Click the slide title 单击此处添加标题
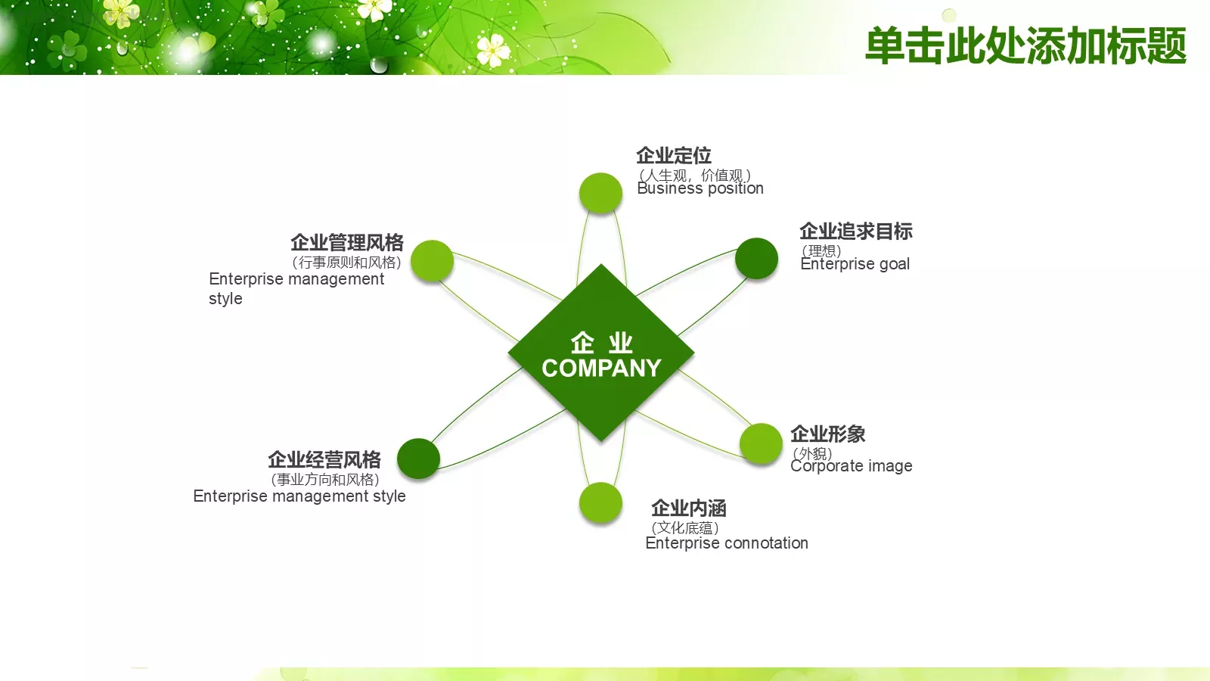tap(1025, 45)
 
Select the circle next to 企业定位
tap(600, 194)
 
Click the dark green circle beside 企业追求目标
tap(756, 259)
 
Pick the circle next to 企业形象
tap(761, 443)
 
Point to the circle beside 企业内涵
tap(600, 503)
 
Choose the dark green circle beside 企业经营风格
tap(418, 459)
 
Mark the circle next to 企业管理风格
tap(432, 261)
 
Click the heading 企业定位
tap(673, 156)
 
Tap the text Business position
tap(700, 189)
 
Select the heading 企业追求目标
tap(855, 232)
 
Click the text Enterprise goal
tap(855, 264)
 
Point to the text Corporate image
tap(852, 466)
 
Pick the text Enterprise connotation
tap(727, 543)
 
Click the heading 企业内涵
tap(688, 508)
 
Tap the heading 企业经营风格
tap(324, 460)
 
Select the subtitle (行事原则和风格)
tap(346, 263)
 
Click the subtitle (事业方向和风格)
tap(325, 480)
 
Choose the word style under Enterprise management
tap(225, 299)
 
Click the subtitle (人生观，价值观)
tap(694, 175)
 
